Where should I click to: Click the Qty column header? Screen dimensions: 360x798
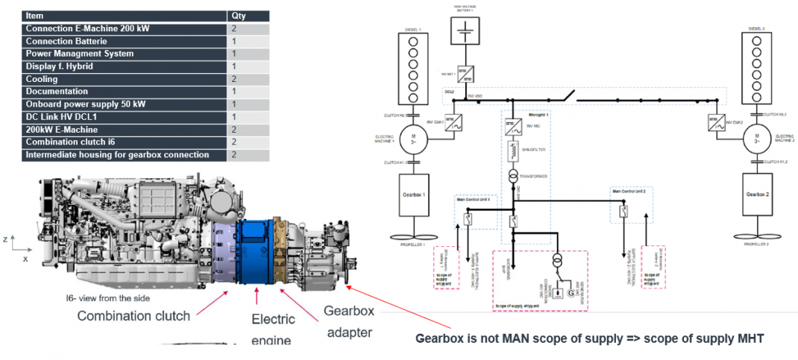pos(239,15)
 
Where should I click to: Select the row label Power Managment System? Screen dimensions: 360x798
pos(80,54)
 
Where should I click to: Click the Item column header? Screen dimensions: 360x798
pos(34,15)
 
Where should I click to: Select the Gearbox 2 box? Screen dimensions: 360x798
pos(755,193)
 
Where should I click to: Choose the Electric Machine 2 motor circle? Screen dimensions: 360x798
pos(755,137)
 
